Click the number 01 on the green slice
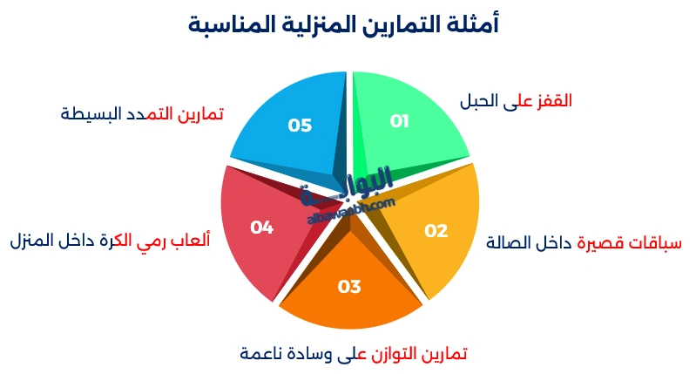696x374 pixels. [x=399, y=121]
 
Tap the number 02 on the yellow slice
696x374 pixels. [x=436, y=231]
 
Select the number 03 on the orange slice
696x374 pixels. [x=349, y=286]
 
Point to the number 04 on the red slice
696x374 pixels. [x=261, y=228]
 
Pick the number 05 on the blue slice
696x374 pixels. [x=300, y=126]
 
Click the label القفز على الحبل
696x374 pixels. [x=516, y=100]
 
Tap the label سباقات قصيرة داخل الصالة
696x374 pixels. [x=585, y=241]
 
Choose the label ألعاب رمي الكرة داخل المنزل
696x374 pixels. [x=110, y=239]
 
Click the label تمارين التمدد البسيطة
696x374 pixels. [x=142, y=112]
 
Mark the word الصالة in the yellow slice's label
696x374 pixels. [x=510, y=241]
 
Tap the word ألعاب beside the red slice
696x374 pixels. [x=191, y=239]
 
